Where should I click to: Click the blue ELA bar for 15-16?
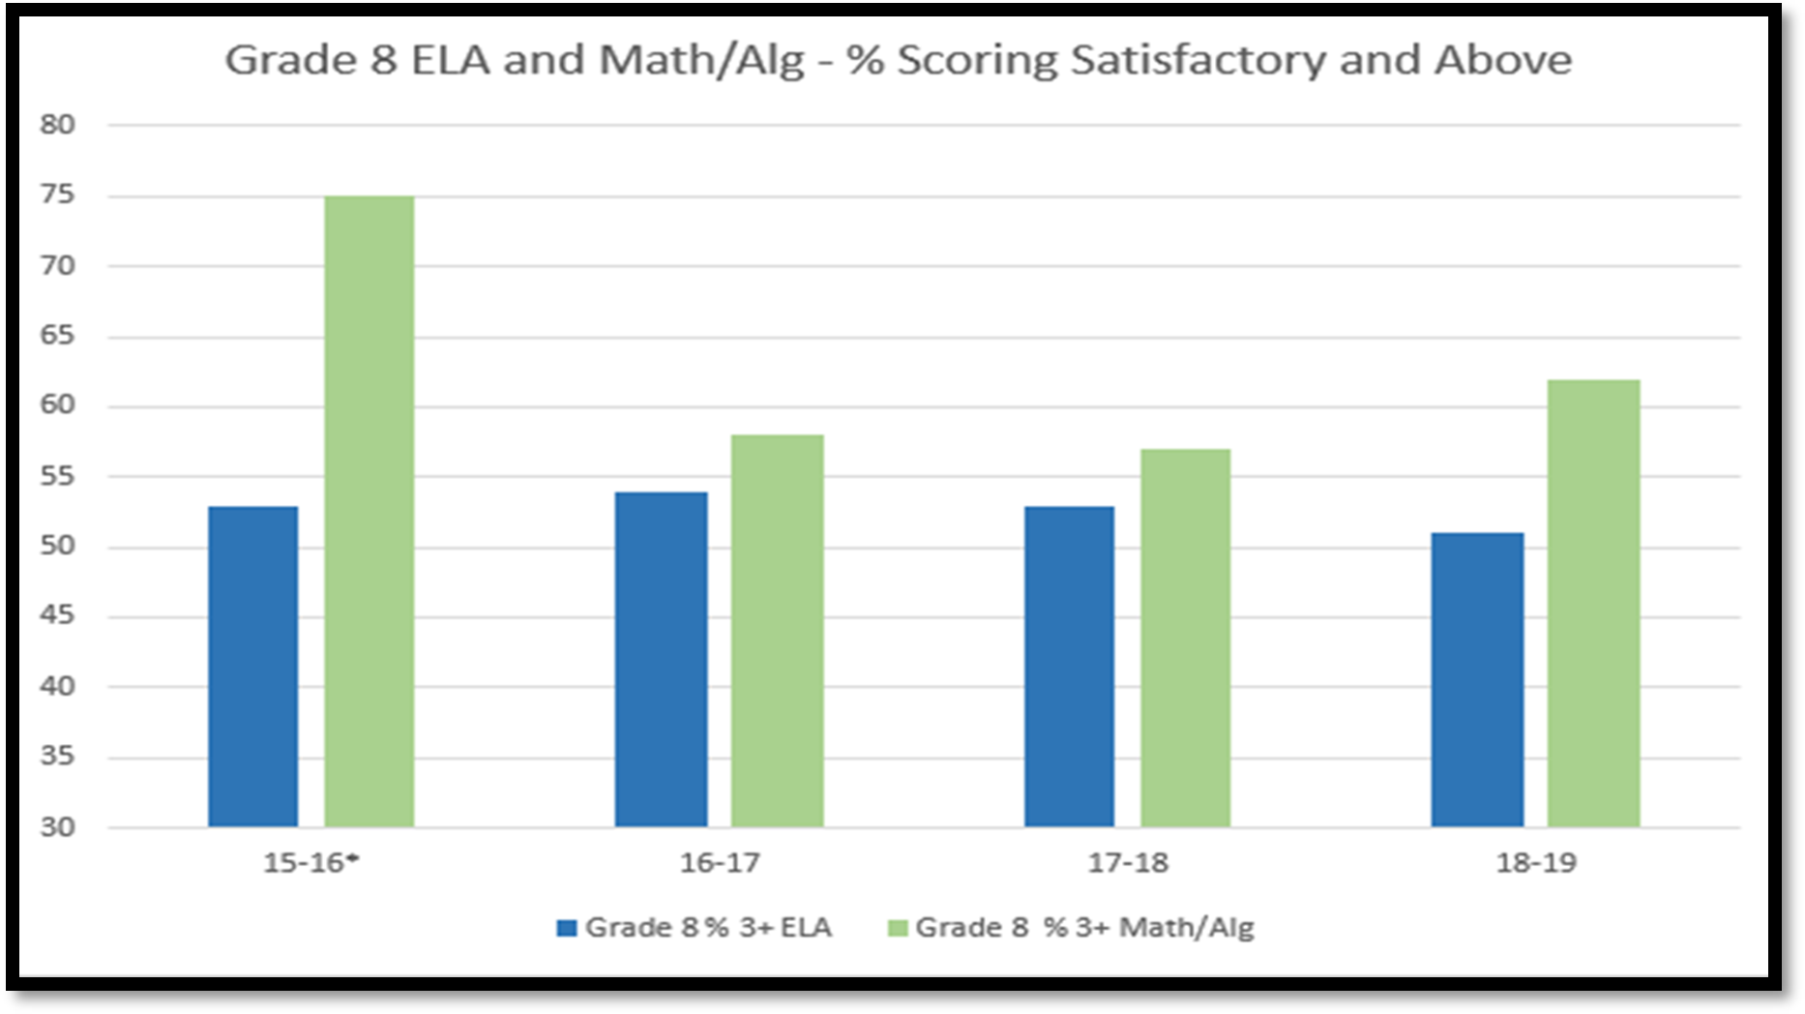point(252,667)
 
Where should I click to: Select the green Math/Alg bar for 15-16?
point(369,512)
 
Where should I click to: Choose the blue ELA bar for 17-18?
point(1069,667)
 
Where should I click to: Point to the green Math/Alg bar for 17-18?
point(1185,639)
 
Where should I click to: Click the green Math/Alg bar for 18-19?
point(1593,604)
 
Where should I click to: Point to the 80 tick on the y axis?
point(57,125)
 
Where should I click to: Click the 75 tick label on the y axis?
point(57,195)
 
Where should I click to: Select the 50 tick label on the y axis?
point(57,547)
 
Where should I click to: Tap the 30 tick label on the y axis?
point(57,827)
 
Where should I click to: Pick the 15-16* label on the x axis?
point(311,862)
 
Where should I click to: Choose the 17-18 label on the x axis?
point(1128,862)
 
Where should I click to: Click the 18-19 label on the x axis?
point(1536,862)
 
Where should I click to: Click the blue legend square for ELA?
point(566,928)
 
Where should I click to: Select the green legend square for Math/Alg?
point(897,928)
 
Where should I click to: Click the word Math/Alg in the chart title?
point(701,60)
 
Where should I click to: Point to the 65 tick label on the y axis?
point(57,336)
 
